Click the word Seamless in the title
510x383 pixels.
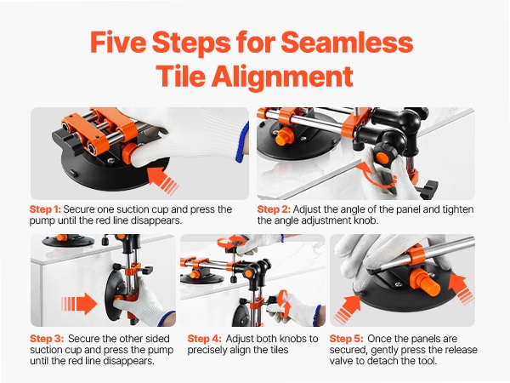coord(347,42)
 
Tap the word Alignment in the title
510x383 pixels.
coord(282,76)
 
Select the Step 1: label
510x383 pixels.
coord(45,209)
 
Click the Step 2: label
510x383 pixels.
coord(274,209)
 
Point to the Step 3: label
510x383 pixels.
coord(47,339)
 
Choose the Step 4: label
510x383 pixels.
coord(204,339)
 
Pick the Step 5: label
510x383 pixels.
coord(347,339)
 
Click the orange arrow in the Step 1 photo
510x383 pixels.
coord(162,180)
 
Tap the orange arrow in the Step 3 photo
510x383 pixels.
coord(79,304)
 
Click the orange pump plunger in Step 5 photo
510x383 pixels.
coord(426,282)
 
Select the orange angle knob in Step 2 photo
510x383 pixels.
coord(382,157)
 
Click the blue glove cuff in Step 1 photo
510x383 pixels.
coord(241,141)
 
